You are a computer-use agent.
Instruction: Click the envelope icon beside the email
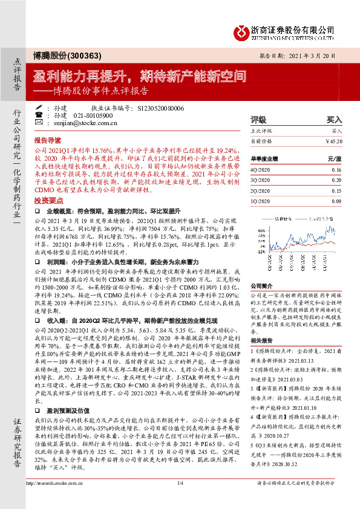coord(40,122)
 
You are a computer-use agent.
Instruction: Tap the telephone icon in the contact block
coord(40,114)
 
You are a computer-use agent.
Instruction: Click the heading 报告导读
coord(47,137)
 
